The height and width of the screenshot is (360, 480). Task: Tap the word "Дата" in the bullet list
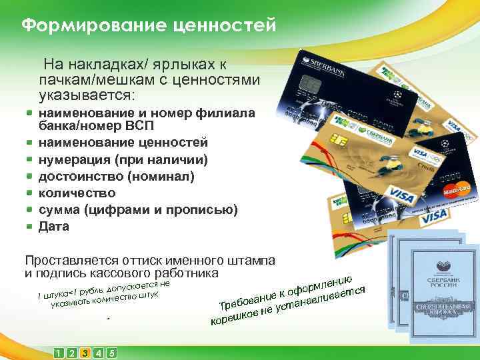coord(54,227)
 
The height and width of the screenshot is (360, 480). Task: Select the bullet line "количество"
coord(77,193)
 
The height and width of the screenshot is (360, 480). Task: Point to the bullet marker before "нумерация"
coord(29,161)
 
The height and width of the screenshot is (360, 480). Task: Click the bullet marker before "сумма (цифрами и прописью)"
coord(29,210)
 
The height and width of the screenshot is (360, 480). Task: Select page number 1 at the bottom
coord(59,353)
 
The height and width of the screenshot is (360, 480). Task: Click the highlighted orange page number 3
coord(85,353)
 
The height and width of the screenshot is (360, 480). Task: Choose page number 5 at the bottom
coord(111,353)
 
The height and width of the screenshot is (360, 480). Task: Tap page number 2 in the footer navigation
coord(72,353)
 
